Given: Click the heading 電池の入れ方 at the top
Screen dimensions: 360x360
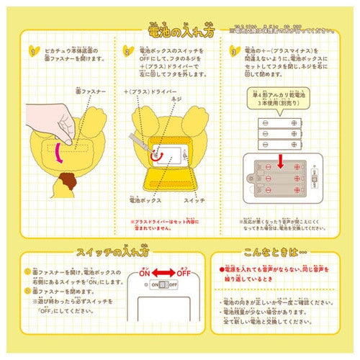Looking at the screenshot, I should coord(179,30).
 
